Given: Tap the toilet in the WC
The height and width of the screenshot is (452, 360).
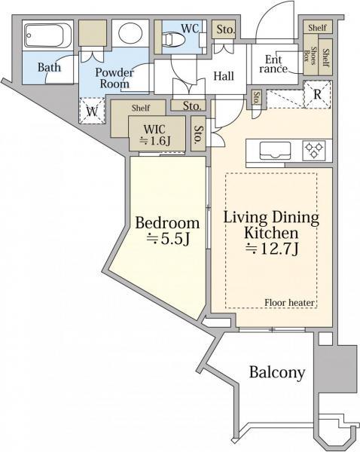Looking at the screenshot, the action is pos(173,39).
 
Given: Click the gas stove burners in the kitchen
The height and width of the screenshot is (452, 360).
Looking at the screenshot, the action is pos(314,150).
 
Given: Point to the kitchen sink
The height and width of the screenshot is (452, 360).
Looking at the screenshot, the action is pos(275,151).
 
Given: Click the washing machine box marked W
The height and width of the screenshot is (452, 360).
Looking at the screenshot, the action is pos(92,111).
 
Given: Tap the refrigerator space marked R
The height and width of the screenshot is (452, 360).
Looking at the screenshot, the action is pos(317,95).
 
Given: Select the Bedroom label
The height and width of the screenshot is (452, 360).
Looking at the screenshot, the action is pos(167,223).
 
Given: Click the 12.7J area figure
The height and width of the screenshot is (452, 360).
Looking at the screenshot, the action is pos(272,249).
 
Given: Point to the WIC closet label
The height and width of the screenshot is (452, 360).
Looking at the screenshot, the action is pos(154,129).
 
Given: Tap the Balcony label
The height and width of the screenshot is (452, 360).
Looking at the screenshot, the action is pos(277,372).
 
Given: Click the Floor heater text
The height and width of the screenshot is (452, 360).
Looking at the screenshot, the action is pos(289,303).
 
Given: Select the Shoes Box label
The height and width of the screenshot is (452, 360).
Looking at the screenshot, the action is pos(310,55).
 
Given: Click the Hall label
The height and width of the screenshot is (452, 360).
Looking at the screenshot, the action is pos(224,76).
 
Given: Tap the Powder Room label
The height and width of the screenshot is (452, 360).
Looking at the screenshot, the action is pos(114,78).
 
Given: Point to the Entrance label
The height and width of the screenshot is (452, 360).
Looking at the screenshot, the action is pos(273,64).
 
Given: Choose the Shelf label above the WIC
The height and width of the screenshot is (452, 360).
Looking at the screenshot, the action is pos(141,108).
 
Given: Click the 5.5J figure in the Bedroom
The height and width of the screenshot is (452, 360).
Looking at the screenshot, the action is pos(169,239).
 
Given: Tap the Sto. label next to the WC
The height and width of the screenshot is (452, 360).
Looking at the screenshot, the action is pos(226,29).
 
